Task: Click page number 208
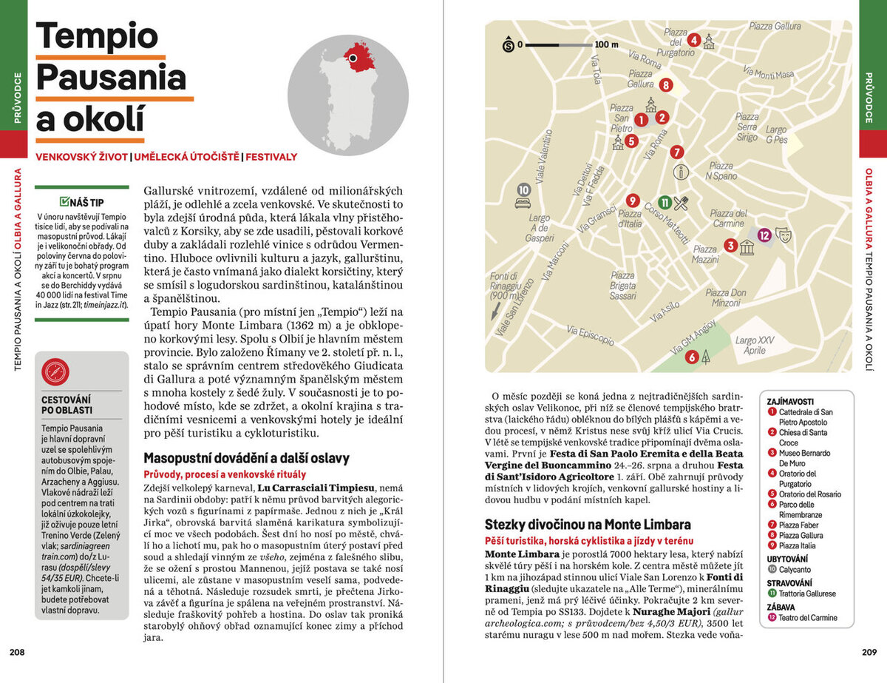coord(17,652)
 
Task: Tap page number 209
coord(869,652)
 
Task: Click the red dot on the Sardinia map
coord(354,58)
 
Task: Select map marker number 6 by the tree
coord(692,357)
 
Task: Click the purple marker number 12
coord(764,235)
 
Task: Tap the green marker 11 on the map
coord(665,202)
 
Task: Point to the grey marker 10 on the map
coord(524,189)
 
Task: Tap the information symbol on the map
coord(681,172)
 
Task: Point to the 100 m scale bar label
coord(606,44)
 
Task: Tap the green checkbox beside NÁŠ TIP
coord(64,201)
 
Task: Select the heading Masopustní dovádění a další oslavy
coord(246,458)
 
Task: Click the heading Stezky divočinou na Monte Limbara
coord(588,525)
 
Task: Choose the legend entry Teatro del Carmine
coord(807,618)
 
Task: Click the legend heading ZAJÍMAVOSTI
coord(791,400)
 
